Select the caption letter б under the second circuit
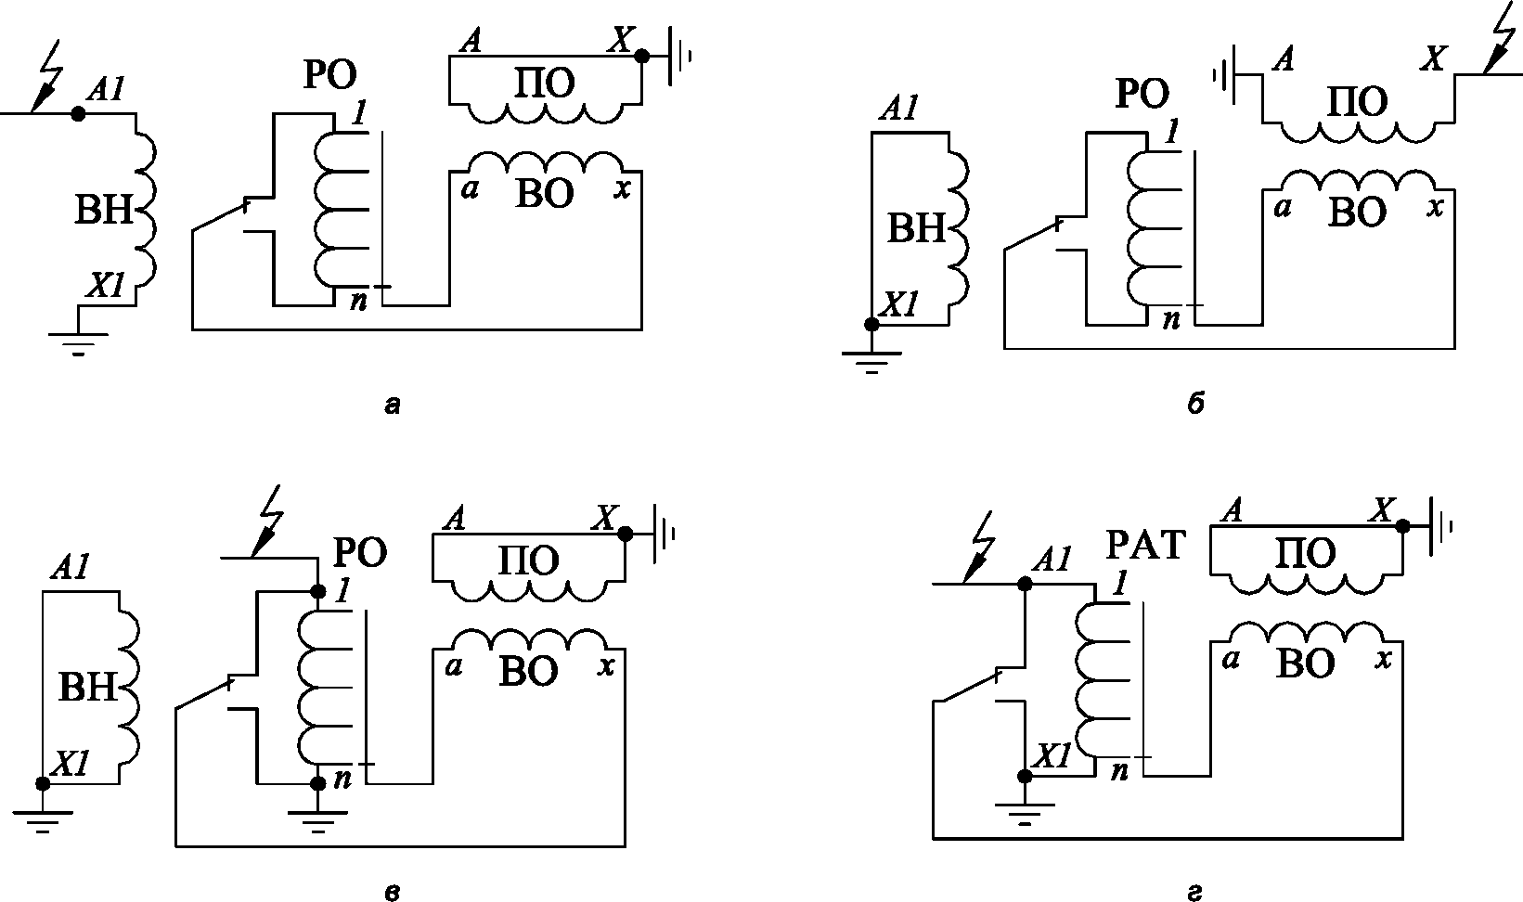(x=1195, y=405)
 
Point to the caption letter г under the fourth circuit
(x=1195, y=893)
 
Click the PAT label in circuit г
(x=1145, y=545)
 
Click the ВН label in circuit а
(x=104, y=211)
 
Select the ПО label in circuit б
(x=1357, y=101)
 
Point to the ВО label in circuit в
(x=528, y=671)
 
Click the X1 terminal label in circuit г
(x=1052, y=756)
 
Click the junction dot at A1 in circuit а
(x=79, y=113)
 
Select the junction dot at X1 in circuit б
(x=871, y=324)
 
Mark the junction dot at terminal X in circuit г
(x=1402, y=525)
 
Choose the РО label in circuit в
(x=359, y=553)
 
